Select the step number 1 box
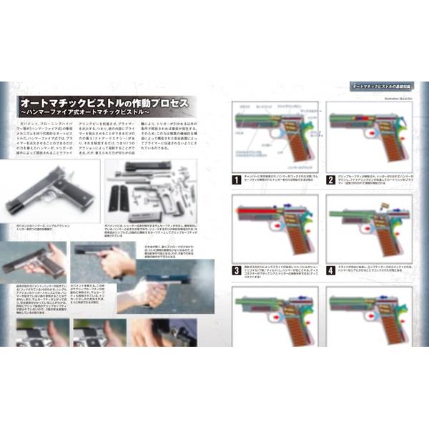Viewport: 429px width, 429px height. click(237, 180)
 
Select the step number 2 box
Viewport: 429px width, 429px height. click(330, 180)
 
